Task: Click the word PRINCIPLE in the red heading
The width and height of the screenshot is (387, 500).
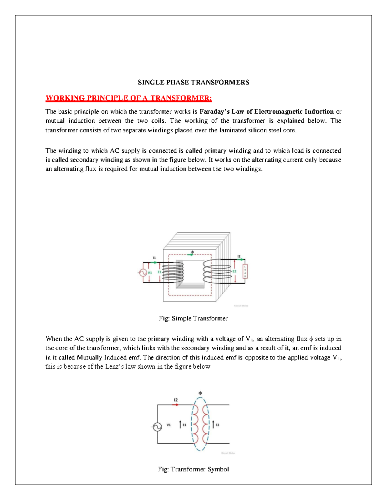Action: [98, 98]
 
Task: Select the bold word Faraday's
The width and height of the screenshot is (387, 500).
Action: [214, 112]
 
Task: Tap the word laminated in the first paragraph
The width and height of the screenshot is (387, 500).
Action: [232, 130]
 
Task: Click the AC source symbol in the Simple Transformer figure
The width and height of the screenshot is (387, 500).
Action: [143, 273]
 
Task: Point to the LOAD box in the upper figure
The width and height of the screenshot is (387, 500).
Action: [245, 271]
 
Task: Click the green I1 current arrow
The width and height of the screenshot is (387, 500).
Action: [154, 262]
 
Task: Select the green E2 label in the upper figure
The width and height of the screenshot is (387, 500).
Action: [234, 271]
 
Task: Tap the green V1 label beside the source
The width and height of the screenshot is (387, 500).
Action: [150, 273]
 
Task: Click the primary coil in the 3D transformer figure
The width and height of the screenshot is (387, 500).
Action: [173, 272]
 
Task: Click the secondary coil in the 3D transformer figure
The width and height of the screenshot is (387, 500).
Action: [217, 271]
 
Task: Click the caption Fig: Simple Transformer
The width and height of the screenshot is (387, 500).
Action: [193, 318]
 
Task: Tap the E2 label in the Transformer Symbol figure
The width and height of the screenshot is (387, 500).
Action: [218, 425]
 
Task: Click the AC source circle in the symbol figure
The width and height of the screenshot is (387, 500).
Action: [157, 427]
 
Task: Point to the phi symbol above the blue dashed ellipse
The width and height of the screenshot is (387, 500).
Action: [200, 393]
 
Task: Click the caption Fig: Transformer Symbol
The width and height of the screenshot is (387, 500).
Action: [193, 469]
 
